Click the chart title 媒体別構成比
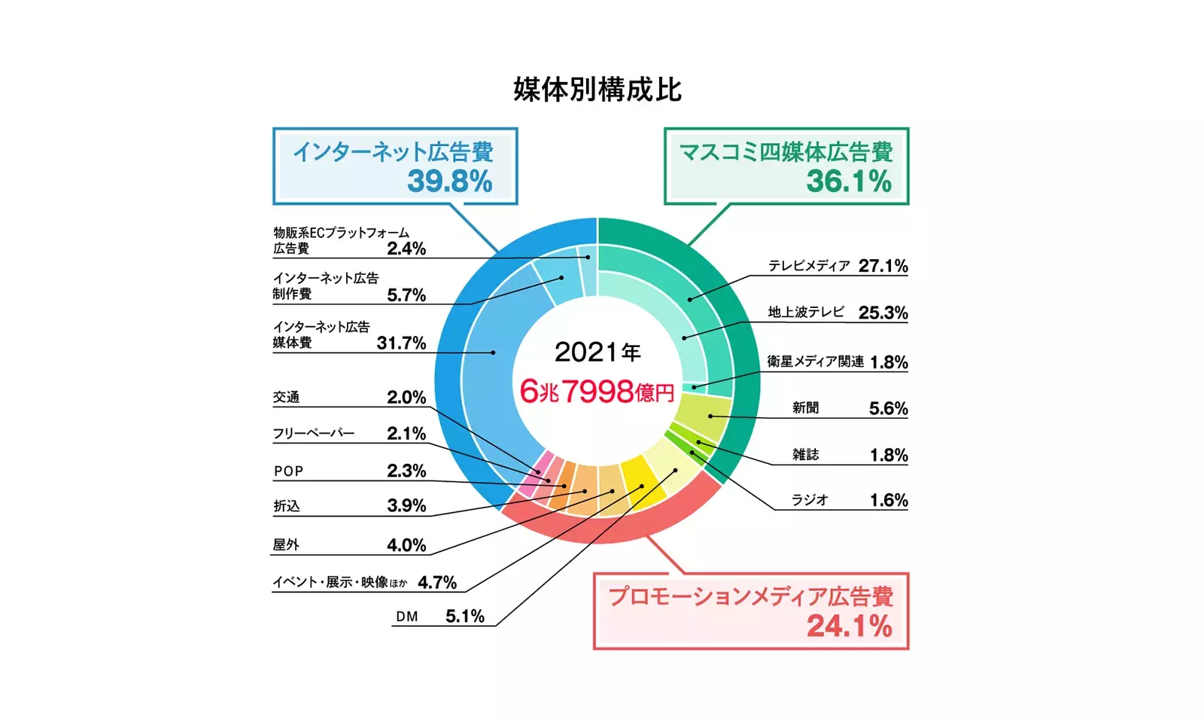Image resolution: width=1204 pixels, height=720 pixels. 597,90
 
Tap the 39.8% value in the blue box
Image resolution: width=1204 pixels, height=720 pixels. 449,182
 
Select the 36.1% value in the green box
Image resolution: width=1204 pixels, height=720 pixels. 848,182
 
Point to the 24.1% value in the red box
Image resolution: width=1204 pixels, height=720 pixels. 849,626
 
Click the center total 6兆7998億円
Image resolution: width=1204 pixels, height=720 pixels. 597,391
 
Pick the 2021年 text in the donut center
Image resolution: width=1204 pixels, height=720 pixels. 597,352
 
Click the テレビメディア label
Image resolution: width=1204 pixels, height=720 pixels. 808,266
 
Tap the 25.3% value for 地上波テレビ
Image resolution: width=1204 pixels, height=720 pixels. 883,313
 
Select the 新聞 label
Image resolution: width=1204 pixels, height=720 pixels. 805,408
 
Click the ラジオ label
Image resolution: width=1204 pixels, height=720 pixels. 810,500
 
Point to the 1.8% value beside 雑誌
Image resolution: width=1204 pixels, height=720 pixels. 889,455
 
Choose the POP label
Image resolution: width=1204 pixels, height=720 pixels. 288,471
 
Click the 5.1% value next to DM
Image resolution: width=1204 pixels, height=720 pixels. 464,616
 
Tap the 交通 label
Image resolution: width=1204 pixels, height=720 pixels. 286,397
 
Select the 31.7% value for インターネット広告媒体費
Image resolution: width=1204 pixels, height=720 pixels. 401,343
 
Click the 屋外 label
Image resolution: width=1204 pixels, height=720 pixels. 286,545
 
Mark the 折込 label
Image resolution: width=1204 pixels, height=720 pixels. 286,506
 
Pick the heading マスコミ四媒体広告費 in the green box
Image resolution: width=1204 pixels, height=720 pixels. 786,152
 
